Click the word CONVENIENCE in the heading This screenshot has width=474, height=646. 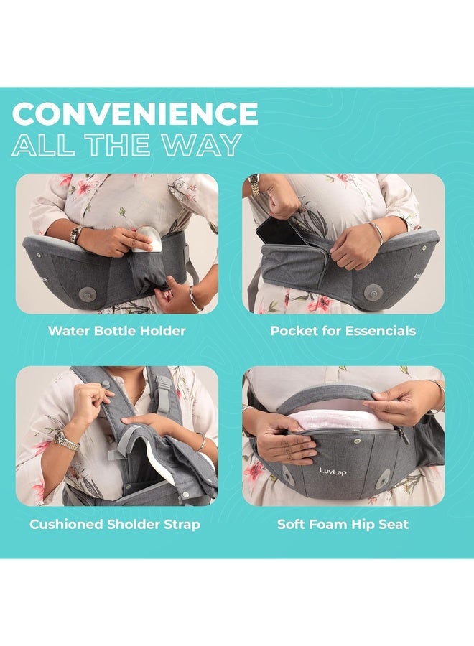point(135,114)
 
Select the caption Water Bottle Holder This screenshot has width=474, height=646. point(116,331)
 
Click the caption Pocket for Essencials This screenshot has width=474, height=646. point(343,331)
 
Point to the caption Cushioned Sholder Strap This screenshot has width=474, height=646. point(115,524)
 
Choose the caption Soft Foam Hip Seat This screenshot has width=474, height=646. point(343,524)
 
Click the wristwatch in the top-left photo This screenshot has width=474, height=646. point(75,234)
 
